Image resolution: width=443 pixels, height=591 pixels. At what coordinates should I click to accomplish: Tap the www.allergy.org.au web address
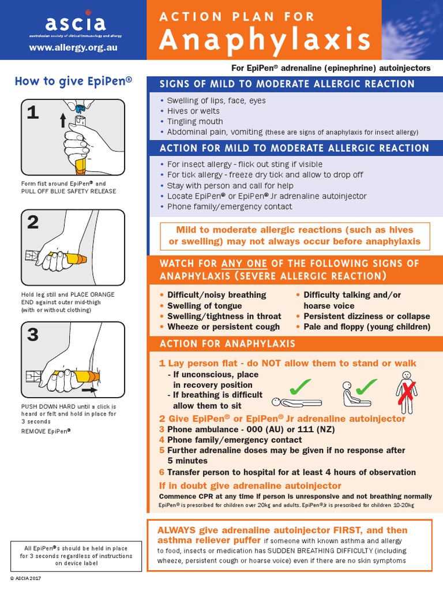(x=73, y=47)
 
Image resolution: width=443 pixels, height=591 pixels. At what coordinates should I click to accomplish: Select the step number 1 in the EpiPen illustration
(x=33, y=111)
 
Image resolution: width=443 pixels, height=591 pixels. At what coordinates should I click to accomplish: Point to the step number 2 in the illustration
(x=33, y=222)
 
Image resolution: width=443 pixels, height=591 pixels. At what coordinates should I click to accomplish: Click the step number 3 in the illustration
(x=33, y=334)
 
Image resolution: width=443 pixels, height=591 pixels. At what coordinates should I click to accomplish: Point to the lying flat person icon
(x=295, y=402)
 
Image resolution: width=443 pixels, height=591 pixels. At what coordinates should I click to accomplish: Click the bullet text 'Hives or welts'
(x=193, y=111)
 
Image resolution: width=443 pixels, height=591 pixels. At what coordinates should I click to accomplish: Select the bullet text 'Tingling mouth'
(x=195, y=121)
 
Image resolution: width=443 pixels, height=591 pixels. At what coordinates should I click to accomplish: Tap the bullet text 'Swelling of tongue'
(x=204, y=305)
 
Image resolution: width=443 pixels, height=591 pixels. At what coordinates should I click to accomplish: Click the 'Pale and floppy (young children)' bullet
(x=367, y=326)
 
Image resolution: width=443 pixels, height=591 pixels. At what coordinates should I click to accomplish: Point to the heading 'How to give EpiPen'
(x=73, y=81)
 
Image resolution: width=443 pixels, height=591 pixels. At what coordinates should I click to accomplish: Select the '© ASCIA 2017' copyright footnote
(x=26, y=577)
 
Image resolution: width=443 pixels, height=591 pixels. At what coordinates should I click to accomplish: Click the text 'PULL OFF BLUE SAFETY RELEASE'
(x=68, y=191)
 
